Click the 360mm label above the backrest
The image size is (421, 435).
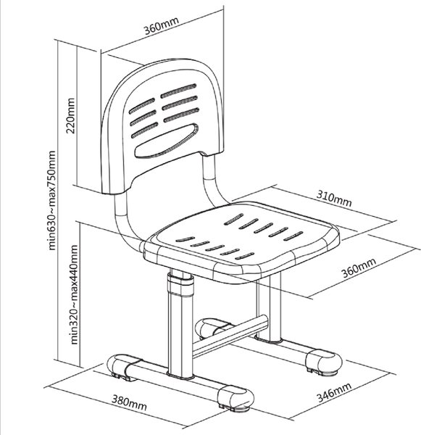[x=161, y=25]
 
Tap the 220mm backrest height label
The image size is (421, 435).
[x=70, y=116]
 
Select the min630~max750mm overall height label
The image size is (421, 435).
[x=52, y=200]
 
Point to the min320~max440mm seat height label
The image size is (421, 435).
[x=74, y=294]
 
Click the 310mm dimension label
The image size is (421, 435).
[x=334, y=199]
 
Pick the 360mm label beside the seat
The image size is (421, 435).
[x=359, y=268]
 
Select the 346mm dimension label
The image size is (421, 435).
[x=334, y=392]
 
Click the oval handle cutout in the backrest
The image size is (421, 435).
[x=167, y=141]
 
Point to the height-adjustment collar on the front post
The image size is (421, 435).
[x=180, y=284]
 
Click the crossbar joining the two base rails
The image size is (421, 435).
[x=230, y=336]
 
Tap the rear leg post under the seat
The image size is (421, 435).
[x=269, y=307]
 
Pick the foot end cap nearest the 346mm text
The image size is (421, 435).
[x=324, y=362]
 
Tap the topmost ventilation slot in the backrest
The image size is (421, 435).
[x=178, y=91]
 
